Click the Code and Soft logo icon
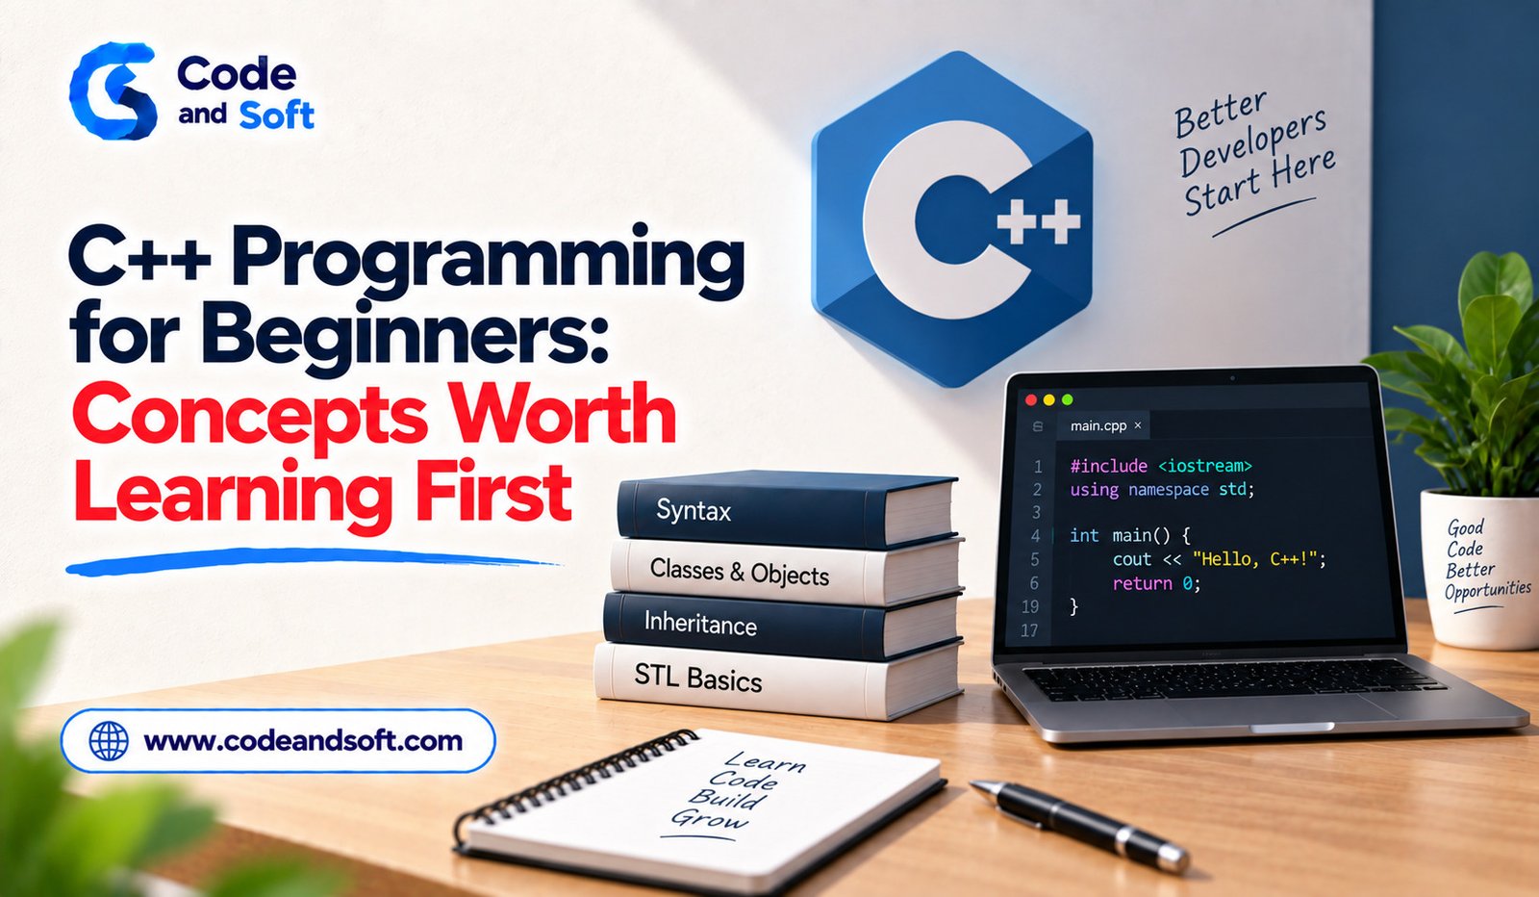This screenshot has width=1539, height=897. pos(114,90)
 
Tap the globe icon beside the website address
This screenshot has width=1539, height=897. pos(109,741)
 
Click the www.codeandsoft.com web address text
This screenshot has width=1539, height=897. pos(303,741)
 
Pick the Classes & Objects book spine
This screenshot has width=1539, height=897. pos(786,571)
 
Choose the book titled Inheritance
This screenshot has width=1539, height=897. pos(782,625)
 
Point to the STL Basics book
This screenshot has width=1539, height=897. pos(779,679)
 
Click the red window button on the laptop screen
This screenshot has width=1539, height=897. pos(1030,399)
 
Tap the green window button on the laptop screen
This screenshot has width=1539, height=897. pos(1067,399)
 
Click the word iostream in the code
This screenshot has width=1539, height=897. pos(1205,466)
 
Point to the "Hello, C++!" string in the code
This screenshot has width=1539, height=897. pos(1255,559)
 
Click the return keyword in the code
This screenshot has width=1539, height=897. pos(1142,583)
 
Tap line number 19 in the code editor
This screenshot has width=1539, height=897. pos(1030,607)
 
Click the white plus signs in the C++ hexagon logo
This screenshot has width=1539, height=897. pos(1038,221)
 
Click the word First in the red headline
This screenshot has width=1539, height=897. pos(493,492)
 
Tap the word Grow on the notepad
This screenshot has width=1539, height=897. pos(711,819)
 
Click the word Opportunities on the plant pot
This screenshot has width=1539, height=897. pos(1487,590)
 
